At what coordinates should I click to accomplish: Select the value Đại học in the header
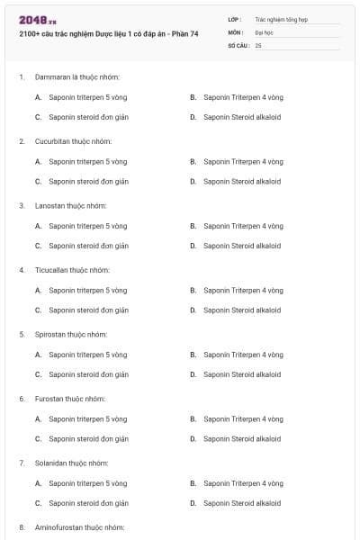pos(265,31)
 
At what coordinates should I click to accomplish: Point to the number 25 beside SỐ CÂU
pos(258,44)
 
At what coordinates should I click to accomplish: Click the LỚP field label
pos(234,18)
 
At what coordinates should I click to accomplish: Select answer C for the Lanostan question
pos(88,246)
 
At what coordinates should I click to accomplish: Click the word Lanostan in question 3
pos(49,206)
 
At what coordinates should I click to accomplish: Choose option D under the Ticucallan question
pos(242,310)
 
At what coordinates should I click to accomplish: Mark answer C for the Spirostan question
pos(88,374)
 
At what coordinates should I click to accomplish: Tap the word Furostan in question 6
pos(49,399)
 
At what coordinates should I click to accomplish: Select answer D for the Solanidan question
pos(242,503)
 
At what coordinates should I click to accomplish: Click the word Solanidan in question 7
pos(50,463)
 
